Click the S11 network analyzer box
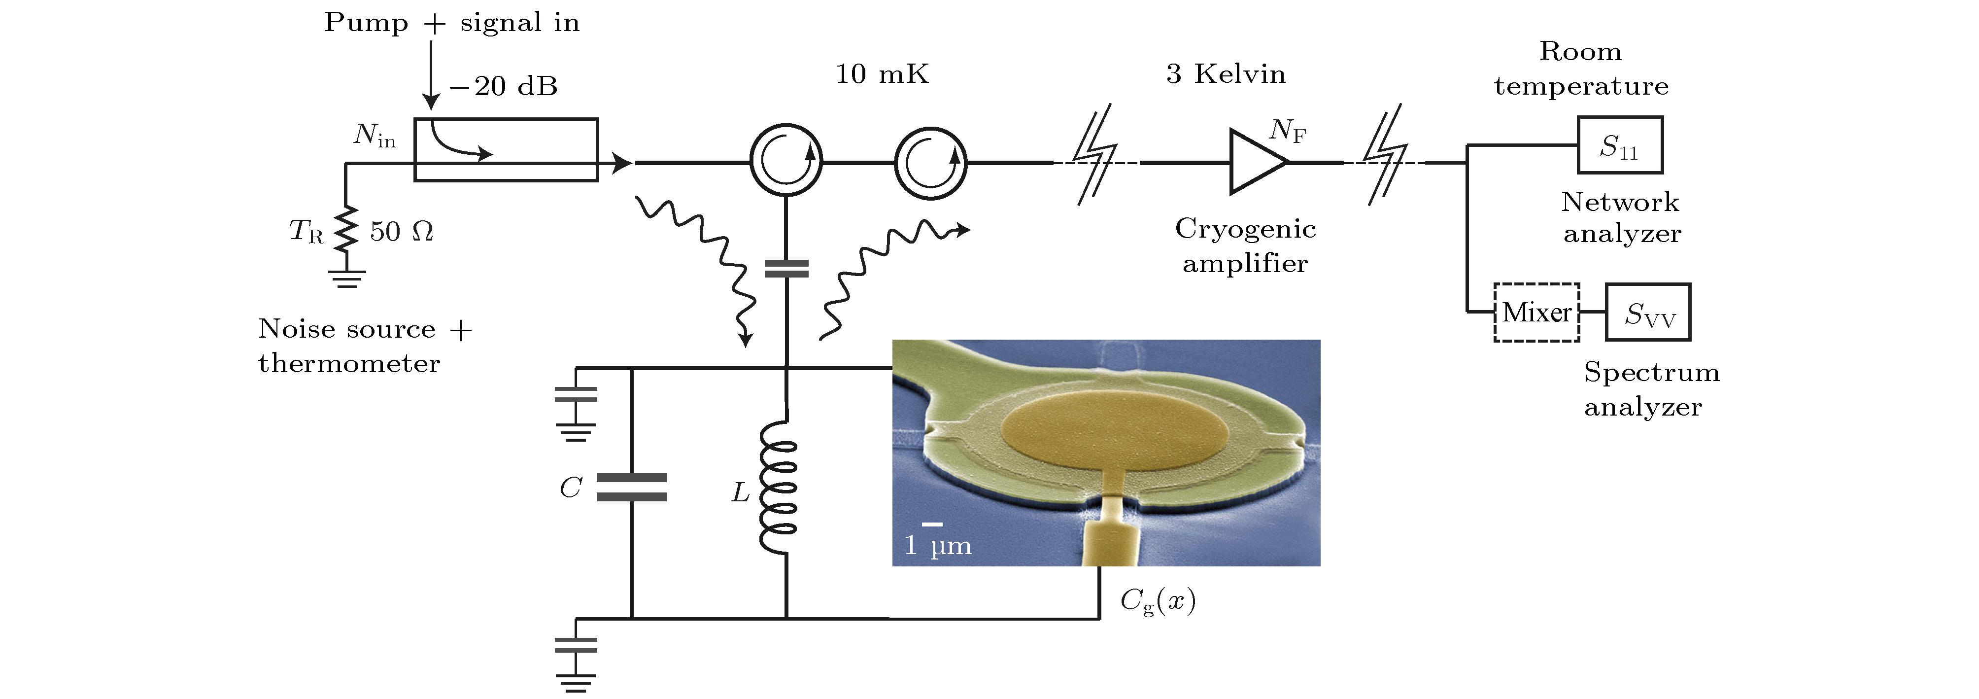[x=1619, y=145]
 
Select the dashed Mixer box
[x=1536, y=313]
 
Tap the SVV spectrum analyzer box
[x=1648, y=313]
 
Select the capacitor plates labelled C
[x=632, y=487]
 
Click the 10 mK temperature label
[x=882, y=74]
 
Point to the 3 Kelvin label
[x=1226, y=74]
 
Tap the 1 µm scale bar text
[x=937, y=545]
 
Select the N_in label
[x=374, y=135]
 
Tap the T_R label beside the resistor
[x=306, y=230]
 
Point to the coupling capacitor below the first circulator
[x=786, y=268]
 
